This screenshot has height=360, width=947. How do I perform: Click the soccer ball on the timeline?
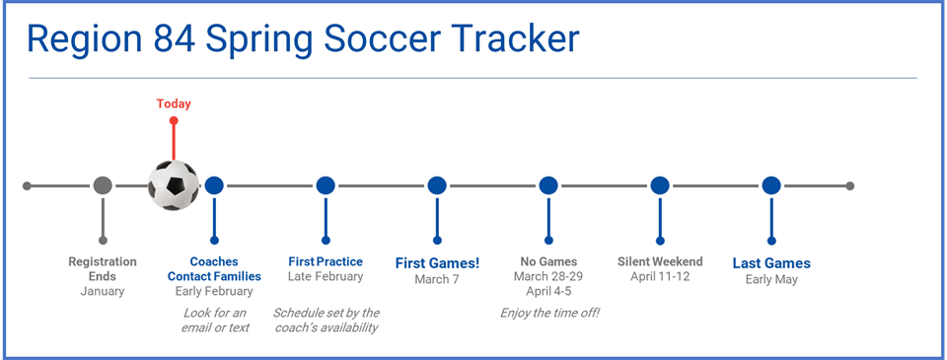[x=173, y=185]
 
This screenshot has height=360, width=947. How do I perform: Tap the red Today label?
[x=174, y=104]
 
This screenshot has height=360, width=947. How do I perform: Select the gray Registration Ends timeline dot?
[x=103, y=185]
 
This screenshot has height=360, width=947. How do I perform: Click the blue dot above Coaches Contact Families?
[x=214, y=185]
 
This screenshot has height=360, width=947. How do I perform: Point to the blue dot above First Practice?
[x=326, y=185]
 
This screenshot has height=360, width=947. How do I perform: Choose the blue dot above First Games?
[x=437, y=185]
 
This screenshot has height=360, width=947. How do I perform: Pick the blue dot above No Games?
[x=548, y=185]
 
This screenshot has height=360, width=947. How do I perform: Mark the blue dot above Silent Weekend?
[x=660, y=185]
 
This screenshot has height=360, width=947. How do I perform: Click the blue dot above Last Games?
[x=771, y=185]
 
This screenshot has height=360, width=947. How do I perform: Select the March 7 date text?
[x=437, y=279]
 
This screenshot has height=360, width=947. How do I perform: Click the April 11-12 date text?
[x=660, y=276]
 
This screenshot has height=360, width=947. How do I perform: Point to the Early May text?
[x=771, y=279]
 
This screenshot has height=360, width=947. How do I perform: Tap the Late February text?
[x=326, y=277]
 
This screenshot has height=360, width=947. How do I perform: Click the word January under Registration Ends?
[x=103, y=291]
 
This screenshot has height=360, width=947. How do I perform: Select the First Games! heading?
[x=437, y=263]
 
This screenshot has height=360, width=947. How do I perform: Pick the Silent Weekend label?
[x=660, y=261]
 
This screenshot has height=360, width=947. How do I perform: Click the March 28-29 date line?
[x=547, y=276]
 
